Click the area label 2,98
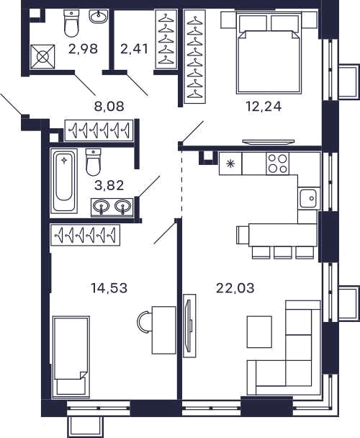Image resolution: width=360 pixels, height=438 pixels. pos(83,49)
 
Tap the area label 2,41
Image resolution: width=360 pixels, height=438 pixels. pos(134,49)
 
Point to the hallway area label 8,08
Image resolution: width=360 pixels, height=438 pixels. pos(109,107)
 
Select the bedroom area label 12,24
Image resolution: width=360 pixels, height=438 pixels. pos(264,107)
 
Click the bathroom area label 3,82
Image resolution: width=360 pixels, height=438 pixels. pos(109,185)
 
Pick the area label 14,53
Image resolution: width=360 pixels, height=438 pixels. pos(109,288)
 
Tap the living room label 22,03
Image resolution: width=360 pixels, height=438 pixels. pos(235,288)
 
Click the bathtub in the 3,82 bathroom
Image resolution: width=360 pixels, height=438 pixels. pos(64,180)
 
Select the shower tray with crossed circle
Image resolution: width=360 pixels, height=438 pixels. pos(42,57)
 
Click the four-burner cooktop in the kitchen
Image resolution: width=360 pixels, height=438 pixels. pos(278,164)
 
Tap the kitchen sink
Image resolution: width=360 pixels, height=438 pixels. pos(309,198)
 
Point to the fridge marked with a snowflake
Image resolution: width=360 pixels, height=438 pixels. pos(230,164)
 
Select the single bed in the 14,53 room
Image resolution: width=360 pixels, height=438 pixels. pos(71,357)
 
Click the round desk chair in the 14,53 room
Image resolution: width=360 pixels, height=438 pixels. pos(145,322)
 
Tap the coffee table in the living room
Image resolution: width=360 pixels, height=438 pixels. pos(259,331)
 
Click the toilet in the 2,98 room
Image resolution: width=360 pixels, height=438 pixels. pos(71,24)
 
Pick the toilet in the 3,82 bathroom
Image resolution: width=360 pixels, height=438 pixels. pos(93,162)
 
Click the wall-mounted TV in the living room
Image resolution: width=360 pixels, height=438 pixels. pos(189,326)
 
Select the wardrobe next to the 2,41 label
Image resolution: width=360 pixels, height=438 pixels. pos(166,39)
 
